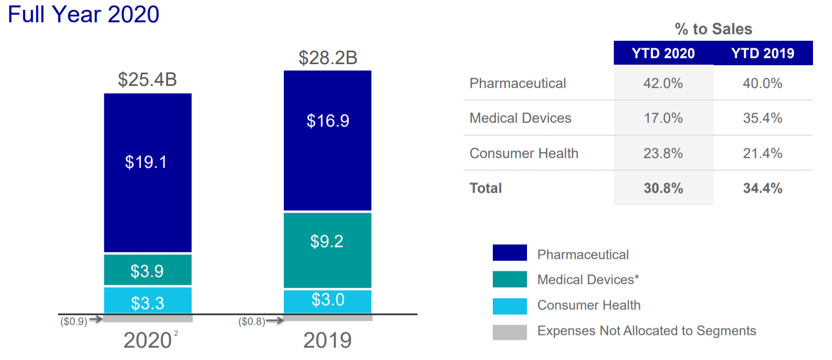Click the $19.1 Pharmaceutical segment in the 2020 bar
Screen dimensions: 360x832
point(148,173)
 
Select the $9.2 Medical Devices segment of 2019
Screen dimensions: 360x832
point(327,250)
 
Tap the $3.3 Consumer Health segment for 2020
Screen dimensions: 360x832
point(148,300)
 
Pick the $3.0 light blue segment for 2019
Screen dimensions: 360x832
point(327,301)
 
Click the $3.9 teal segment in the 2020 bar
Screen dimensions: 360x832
point(148,270)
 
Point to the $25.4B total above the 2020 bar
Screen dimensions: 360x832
point(148,80)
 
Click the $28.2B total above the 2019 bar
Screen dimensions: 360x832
point(327,58)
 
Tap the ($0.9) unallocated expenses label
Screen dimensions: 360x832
point(74,321)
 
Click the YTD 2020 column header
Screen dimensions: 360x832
point(663,53)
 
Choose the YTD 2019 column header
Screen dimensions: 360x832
point(763,53)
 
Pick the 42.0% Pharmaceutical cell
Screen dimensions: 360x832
point(663,84)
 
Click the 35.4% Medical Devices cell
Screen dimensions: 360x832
point(763,118)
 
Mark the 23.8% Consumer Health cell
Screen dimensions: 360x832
point(663,153)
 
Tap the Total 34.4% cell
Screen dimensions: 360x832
point(763,188)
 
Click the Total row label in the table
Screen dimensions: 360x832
point(486,188)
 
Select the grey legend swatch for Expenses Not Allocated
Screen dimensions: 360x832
point(510,332)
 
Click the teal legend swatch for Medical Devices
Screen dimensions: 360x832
point(510,279)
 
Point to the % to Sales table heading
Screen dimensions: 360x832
point(713,29)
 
